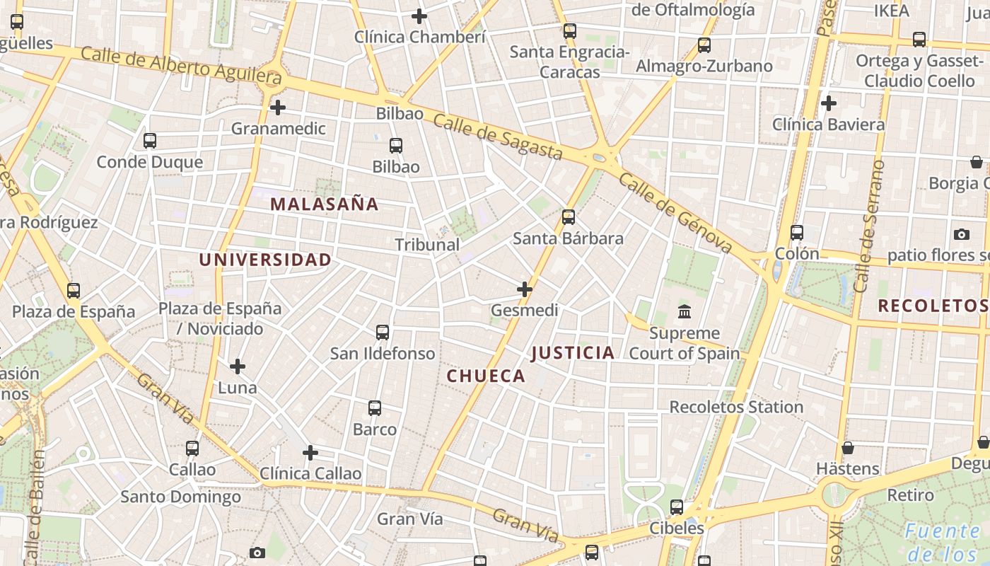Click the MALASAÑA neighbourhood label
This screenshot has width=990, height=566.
[325, 204]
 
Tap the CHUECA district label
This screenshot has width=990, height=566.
[487, 376]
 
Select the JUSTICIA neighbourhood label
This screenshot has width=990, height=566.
[573, 353]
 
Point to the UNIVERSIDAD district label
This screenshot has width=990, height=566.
[265, 260]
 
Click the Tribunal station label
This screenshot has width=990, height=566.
[427, 245]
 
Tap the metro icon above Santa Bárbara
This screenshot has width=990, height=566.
[569, 217]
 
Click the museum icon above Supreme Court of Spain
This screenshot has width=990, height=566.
[685, 311]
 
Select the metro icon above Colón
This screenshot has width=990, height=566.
[797, 233]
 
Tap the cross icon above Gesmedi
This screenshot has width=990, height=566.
[525, 289]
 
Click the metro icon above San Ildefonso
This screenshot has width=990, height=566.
[383, 333]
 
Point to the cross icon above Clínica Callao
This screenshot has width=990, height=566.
[310, 453]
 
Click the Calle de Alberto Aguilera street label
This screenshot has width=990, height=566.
[181, 65]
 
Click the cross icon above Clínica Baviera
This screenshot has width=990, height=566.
[829, 104]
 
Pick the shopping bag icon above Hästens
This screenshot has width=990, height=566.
[848, 448]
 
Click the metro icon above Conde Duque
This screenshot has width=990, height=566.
[150, 141]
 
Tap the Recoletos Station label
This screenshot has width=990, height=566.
[736, 407]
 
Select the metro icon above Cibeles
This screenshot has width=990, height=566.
[677, 507]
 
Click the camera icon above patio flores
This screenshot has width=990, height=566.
[962, 234]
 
